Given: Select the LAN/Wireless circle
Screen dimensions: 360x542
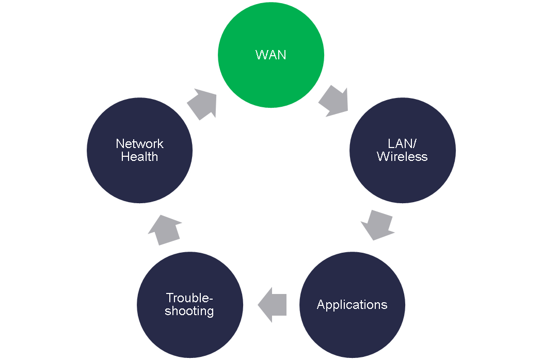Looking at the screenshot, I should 403,150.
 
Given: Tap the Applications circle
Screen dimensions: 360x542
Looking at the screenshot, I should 352,305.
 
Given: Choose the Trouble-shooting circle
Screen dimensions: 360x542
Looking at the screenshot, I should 189,305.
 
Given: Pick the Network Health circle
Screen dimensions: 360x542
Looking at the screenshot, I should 139,150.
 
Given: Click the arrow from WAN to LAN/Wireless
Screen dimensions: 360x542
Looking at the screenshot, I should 334,102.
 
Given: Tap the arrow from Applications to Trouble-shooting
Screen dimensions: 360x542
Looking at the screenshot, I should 272,305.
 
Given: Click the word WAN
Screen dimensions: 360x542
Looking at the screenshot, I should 270,55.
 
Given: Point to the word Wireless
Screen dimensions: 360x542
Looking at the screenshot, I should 403,157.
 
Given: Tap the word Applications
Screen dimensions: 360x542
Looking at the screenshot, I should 352,305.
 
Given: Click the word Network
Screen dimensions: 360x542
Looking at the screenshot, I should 139,143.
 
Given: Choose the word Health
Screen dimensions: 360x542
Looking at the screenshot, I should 139,157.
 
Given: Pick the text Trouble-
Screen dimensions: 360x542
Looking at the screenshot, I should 189,298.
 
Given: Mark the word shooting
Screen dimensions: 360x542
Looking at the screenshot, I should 189,312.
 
